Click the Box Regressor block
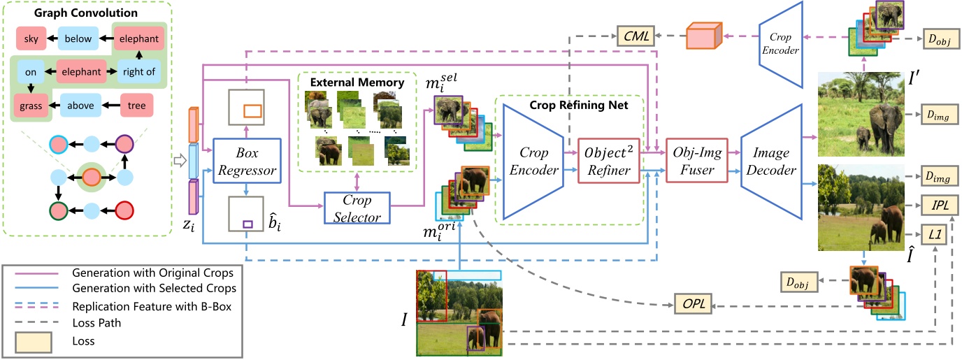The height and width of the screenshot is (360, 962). [x=246, y=161]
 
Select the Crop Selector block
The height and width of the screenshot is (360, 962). [x=357, y=208]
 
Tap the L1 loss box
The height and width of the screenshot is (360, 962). [x=933, y=238]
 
